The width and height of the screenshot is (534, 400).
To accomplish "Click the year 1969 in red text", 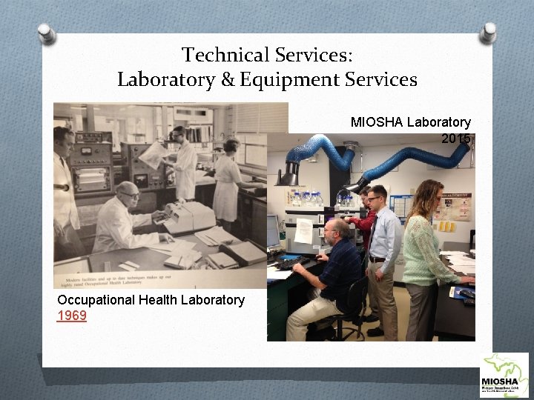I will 72,316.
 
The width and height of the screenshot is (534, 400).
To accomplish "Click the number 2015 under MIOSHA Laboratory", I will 455,139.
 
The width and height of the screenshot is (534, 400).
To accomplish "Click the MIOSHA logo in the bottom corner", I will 504,376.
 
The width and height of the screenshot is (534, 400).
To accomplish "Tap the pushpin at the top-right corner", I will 488,32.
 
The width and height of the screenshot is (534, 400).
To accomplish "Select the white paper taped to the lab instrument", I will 303,231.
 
